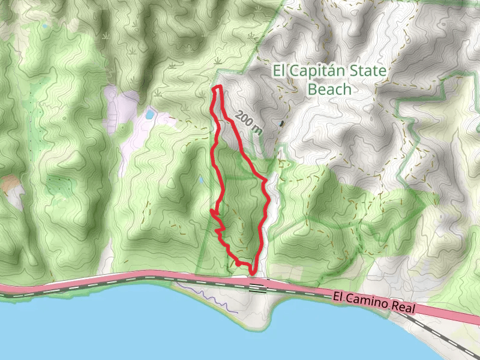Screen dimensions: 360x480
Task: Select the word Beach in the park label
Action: pos(329,89)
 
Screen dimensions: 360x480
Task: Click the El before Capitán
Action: pos(280,71)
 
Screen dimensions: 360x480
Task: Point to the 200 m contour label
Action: pos(248,122)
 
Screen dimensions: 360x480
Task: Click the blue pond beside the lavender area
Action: pos(149,113)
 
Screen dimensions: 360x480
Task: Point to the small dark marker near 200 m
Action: pos(281,124)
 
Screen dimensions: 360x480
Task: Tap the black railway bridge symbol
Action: pos(258,287)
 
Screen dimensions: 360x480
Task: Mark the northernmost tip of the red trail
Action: pos(218,88)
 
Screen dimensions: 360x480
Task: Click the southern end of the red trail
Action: pos(254,271)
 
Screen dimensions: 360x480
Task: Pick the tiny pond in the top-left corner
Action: pos(44,26)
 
